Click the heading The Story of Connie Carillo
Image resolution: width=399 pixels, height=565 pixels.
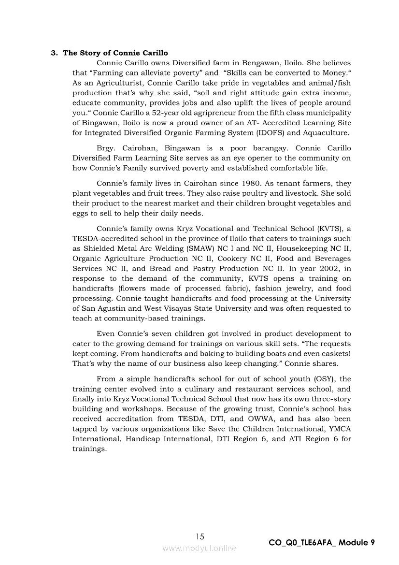(115, 53)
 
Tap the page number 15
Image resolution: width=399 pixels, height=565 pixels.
(200, 536)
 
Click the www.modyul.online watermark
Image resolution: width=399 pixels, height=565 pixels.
(199, 548)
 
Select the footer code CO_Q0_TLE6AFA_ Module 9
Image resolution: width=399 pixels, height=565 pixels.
(322, 543)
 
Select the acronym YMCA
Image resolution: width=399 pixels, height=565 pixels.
(340, 429)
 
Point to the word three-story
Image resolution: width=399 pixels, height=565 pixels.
(329, 399)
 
